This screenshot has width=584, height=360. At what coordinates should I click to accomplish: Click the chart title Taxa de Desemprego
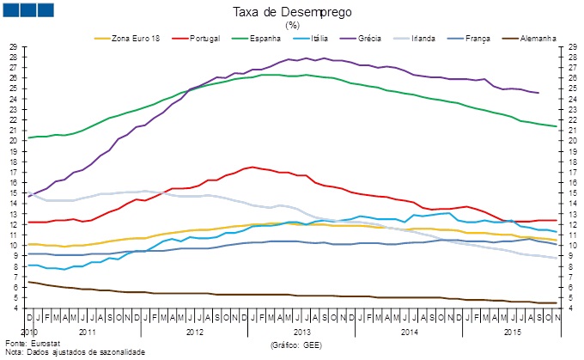291,13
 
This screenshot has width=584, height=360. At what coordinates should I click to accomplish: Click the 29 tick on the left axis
13,46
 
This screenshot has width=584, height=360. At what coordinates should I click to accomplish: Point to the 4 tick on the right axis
571,308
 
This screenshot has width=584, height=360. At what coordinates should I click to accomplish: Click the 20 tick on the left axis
13,140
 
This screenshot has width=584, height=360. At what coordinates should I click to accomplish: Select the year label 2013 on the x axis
301,330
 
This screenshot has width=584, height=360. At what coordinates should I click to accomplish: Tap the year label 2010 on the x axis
29,330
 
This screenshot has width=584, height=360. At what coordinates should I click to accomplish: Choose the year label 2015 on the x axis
512,330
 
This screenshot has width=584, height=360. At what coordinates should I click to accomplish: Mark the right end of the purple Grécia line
538,93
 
